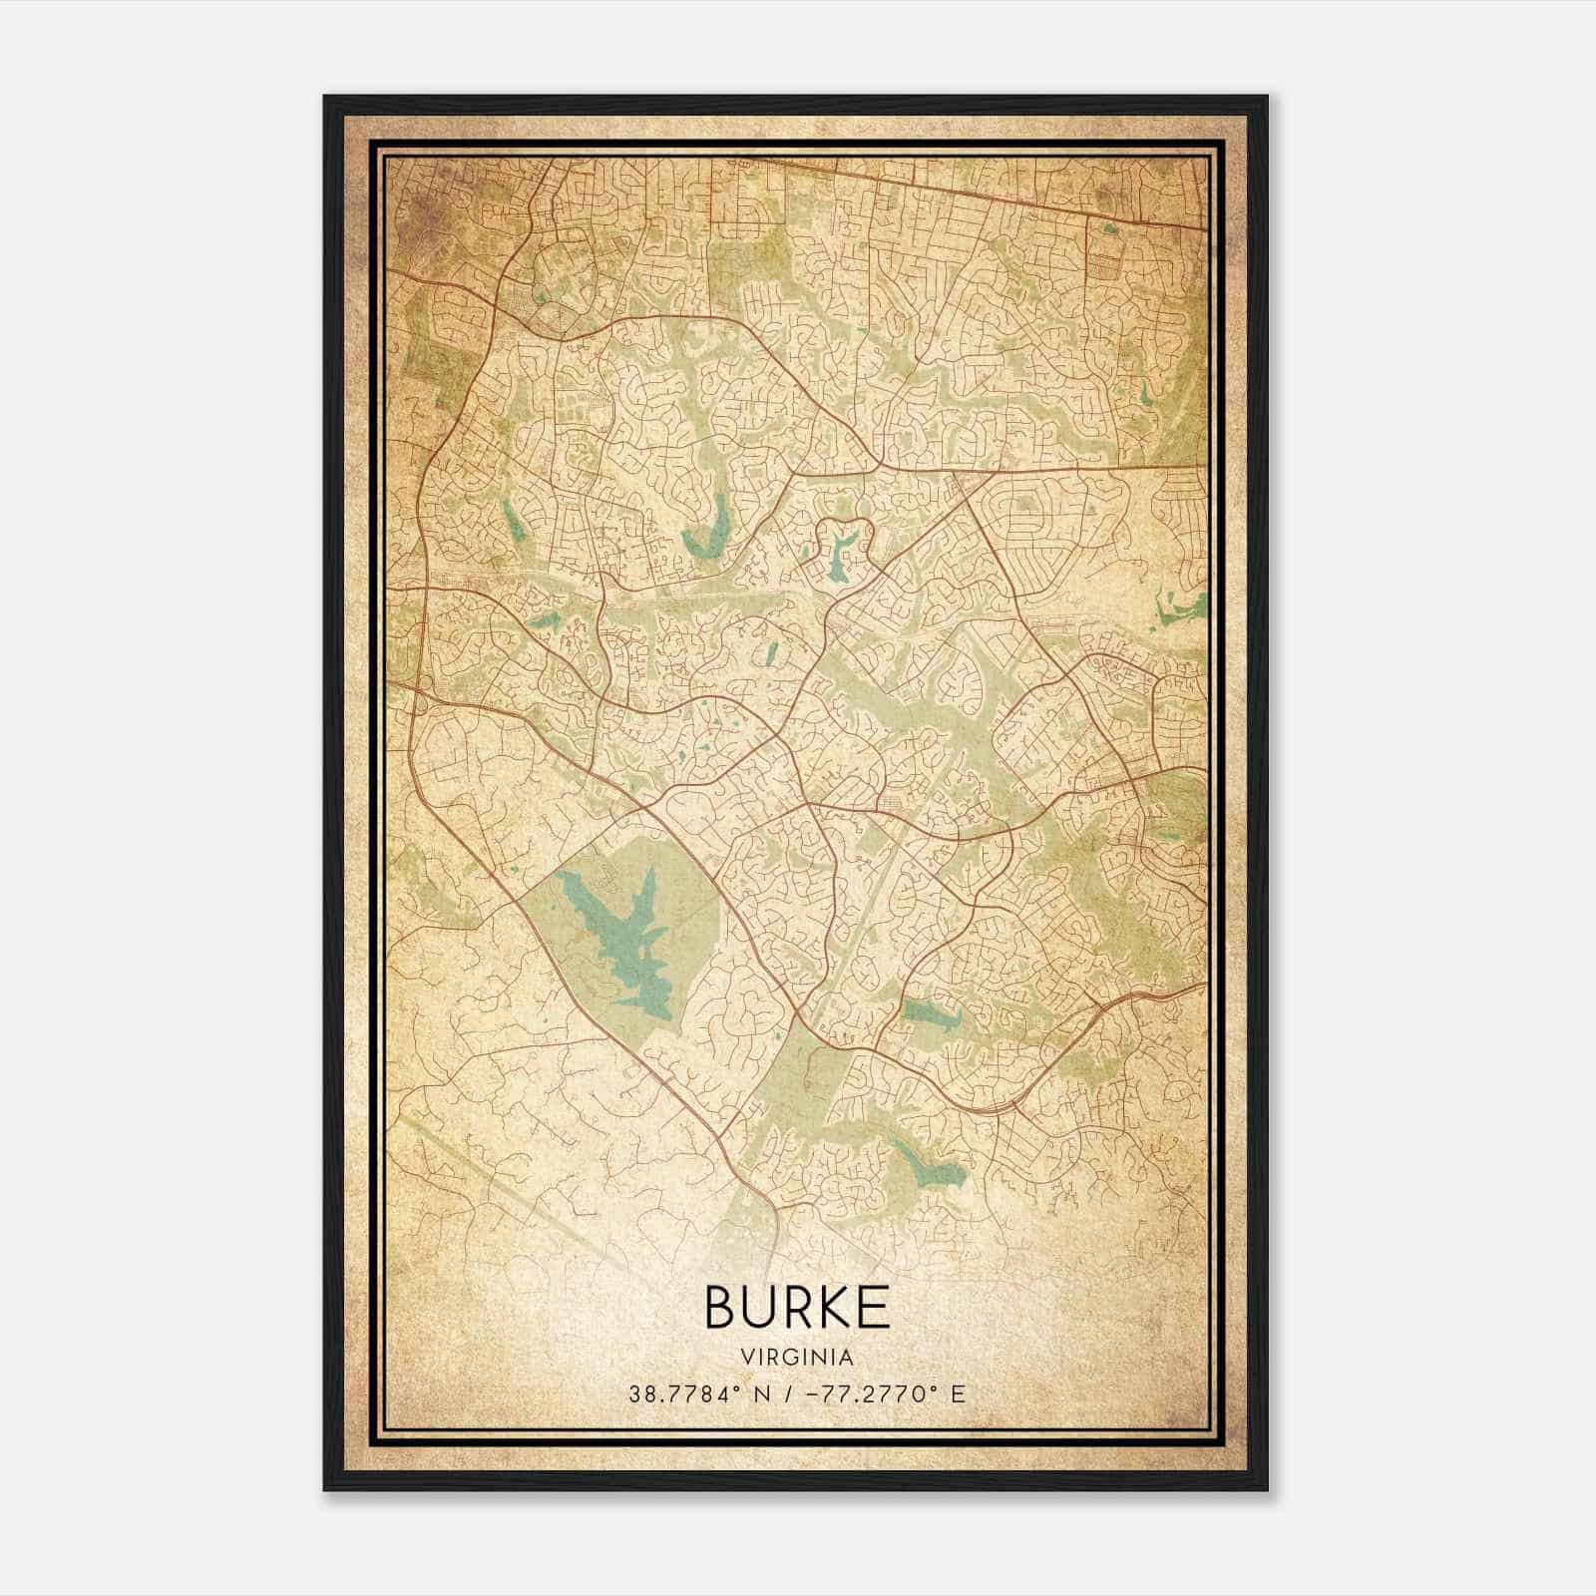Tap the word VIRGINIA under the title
797,1358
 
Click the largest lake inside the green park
618,928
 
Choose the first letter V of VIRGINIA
746,1358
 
